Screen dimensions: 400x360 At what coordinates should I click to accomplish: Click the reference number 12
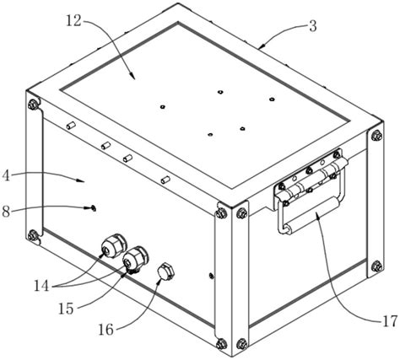point(73,21)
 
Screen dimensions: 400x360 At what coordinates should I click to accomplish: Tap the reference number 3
point(313,26)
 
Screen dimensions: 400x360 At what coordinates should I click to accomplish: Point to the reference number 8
point(6,212)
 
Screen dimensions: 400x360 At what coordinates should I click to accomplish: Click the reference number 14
point(41,286)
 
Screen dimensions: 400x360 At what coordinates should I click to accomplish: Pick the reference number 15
point(66,309)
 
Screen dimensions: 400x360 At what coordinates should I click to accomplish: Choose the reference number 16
point(105,329)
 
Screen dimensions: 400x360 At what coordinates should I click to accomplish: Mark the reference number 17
point(389,321)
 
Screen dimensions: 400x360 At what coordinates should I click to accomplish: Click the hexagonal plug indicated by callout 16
point(165,271)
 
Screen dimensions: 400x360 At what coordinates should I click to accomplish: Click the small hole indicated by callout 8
point(94,208)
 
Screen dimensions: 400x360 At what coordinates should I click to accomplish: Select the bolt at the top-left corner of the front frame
point(33,105)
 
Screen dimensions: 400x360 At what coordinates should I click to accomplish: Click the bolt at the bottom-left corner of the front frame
point(33,234)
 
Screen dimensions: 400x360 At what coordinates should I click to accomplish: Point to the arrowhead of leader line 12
point(132,76)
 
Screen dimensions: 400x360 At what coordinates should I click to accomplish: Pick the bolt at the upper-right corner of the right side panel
point(376,136)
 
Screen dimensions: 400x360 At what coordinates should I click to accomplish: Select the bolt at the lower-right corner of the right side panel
point(376,266)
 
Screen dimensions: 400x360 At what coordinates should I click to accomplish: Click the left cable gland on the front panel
point(113,246)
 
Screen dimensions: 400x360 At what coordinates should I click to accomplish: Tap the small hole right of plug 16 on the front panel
point(211,275)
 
